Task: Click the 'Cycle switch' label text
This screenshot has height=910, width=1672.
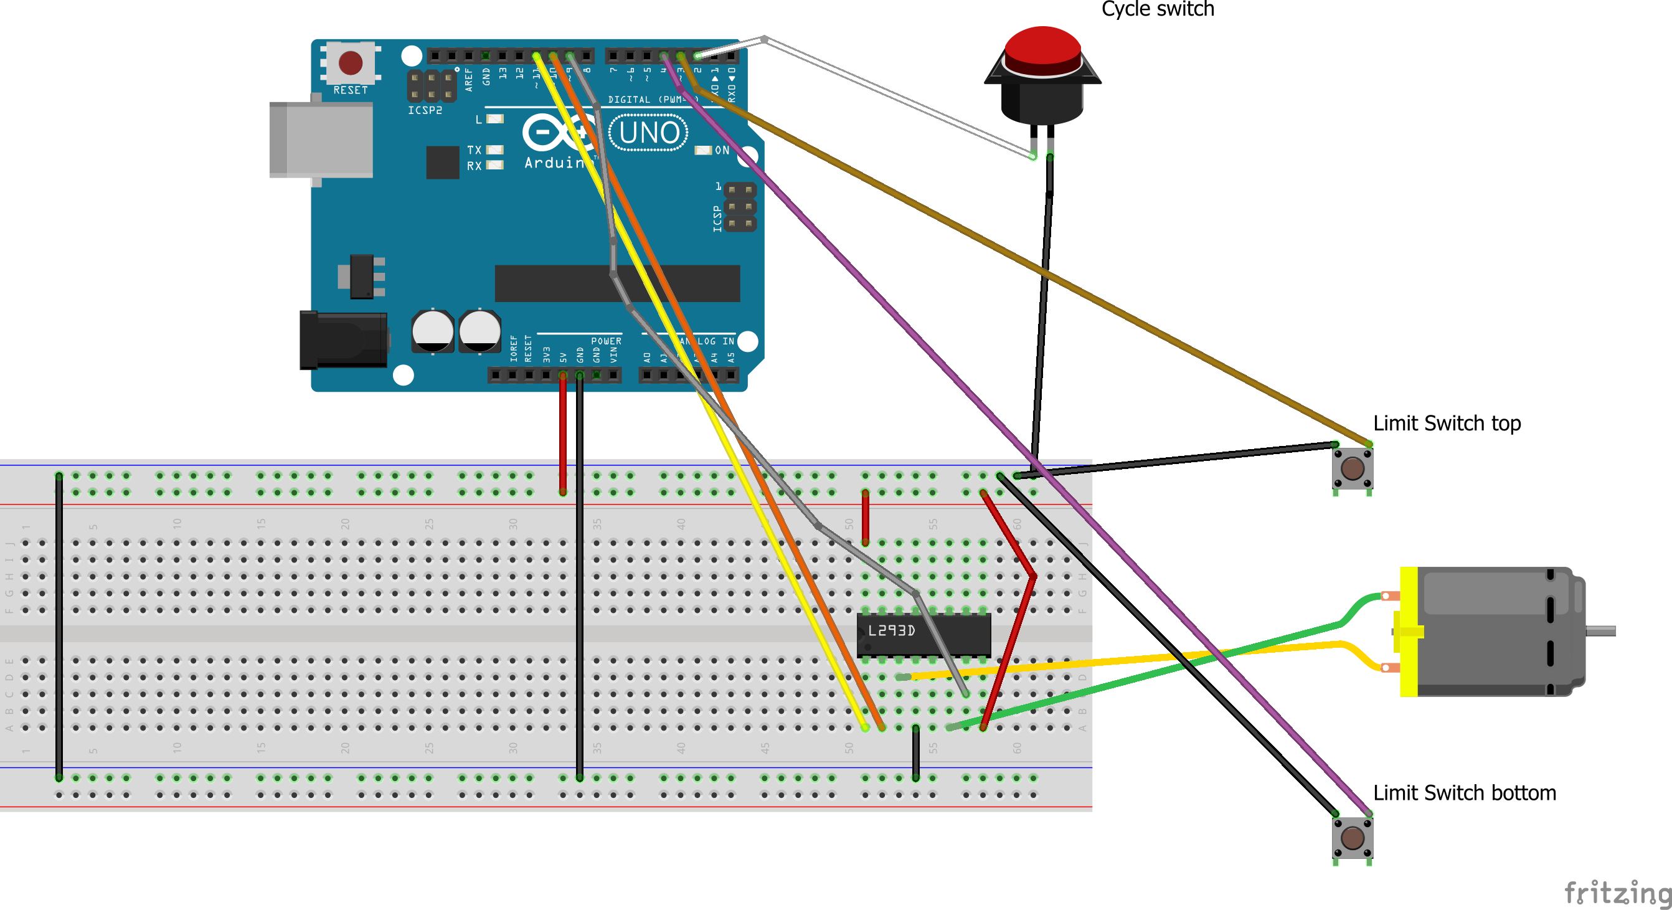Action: click(x=1157, y=9)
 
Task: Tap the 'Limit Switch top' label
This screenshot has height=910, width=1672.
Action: click(x=1447, y=423)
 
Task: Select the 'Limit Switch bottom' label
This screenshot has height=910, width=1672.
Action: click(x=1464, y=792)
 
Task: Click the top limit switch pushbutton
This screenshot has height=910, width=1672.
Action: click(x=1353, y=468)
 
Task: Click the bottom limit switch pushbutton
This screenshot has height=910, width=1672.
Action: click(x=1353, y=837)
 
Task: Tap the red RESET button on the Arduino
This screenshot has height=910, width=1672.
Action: click(x=351, y=63)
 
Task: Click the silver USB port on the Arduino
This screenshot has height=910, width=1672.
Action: click(x=321, y=140)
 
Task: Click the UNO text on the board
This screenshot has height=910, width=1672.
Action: click(x=648, y=133)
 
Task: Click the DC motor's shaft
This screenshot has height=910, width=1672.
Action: click(x=1600, y=631)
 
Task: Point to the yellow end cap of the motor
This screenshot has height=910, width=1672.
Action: click(x=1409, y=631)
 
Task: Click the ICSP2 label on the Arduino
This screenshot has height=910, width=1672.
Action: click(x=425, y=110)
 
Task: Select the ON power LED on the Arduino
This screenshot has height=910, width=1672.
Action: click(x=703, y=151)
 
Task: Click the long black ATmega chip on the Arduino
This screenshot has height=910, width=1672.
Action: click(x=616, y=283)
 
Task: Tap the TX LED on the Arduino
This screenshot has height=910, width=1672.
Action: click(x=494, y=150)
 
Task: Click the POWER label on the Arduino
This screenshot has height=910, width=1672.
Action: click(x=605, y=341)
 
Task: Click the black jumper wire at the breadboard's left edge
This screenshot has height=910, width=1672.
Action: click(x=59, y=627)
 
